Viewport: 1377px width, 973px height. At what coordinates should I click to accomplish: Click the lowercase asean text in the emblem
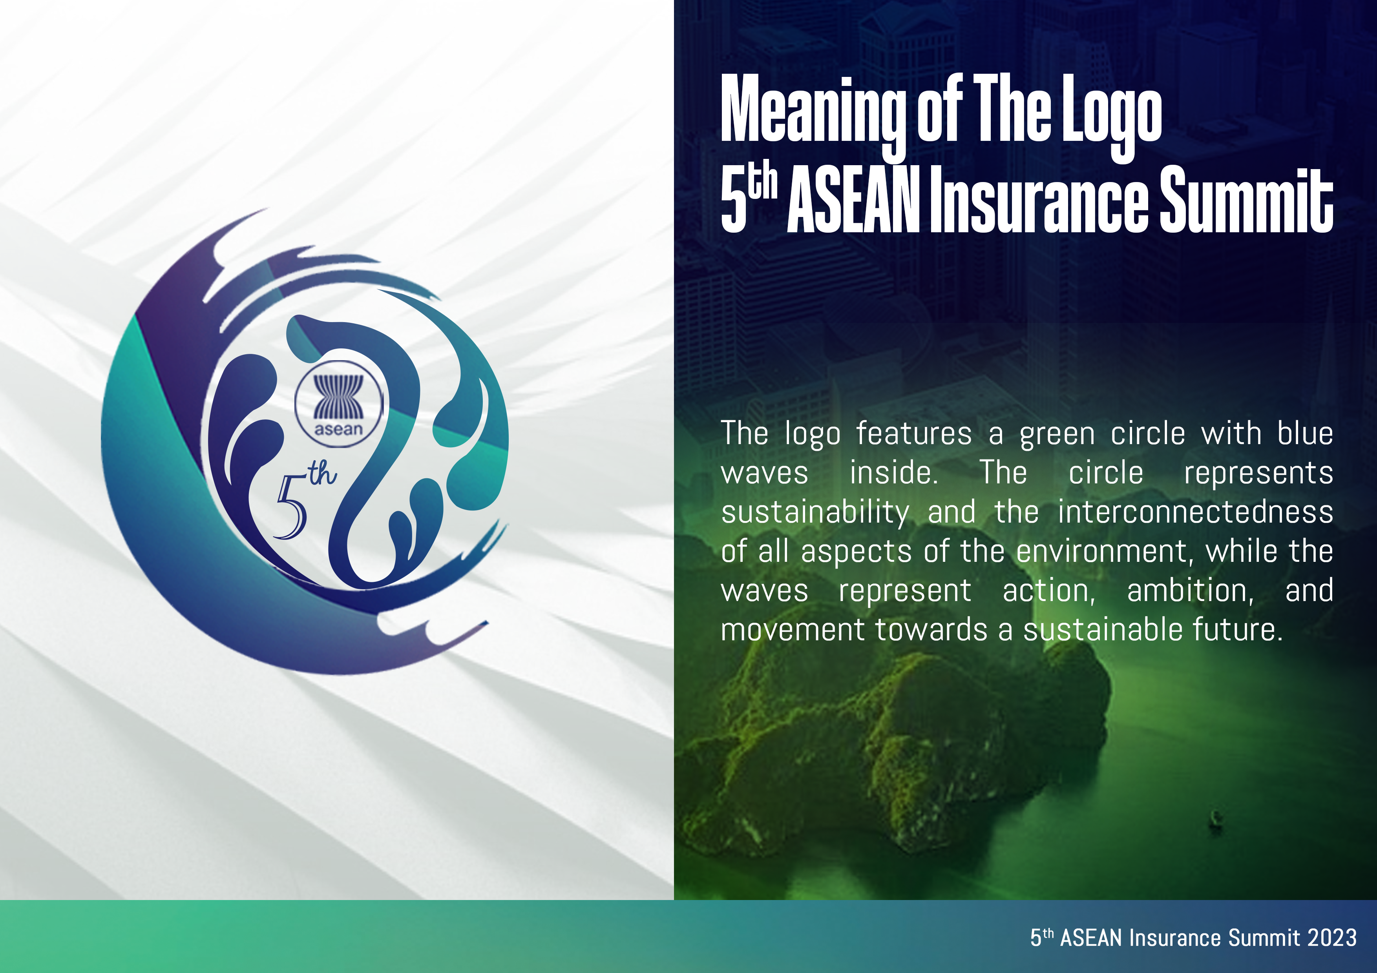pyautogui.click(x=339, y=429)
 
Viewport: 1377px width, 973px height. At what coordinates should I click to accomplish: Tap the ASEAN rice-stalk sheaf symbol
pyautogui.click(x=339, y=396)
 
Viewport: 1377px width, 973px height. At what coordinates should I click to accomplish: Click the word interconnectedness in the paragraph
pyautogui.click(x=1195, y=512)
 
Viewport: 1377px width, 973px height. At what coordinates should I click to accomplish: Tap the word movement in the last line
pyautogui.click(x=793, y=630)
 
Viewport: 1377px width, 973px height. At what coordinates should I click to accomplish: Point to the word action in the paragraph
pyautogui.click(x=1049, y=591)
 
